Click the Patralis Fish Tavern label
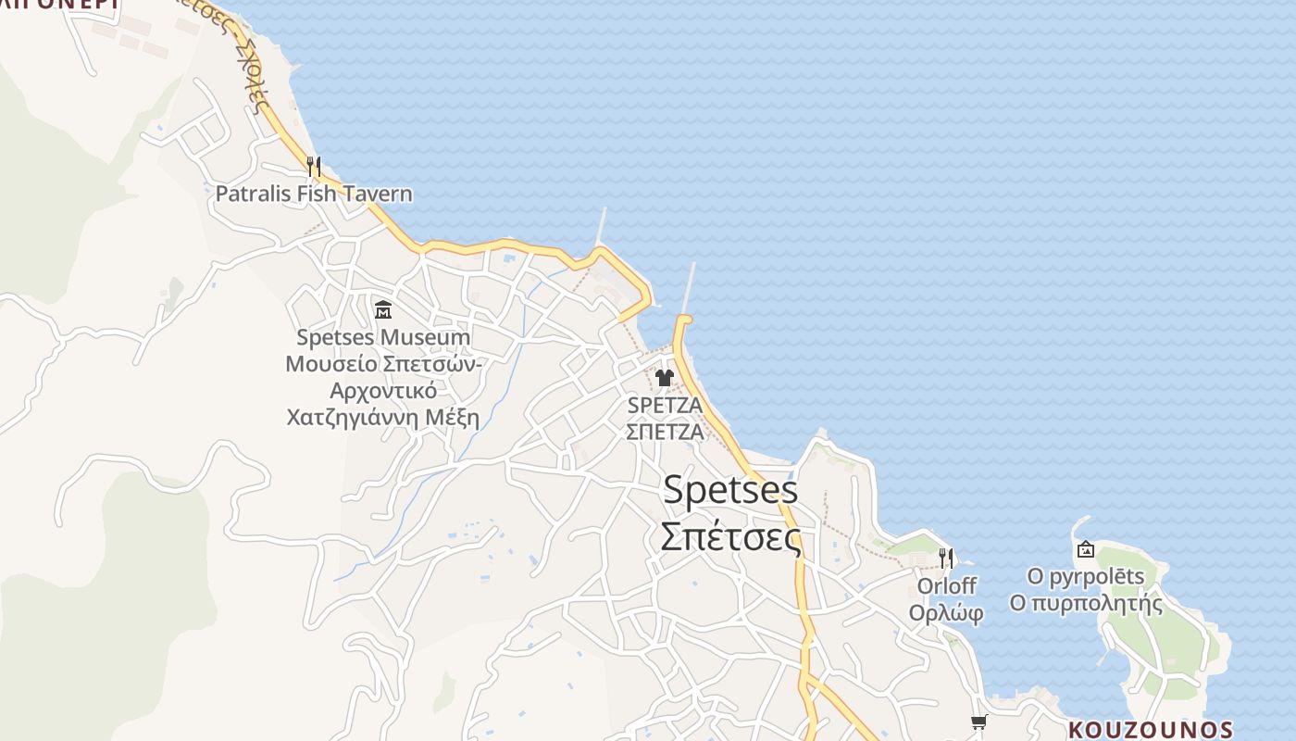[x=314, y=194]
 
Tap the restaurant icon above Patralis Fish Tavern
[x=314, y=167]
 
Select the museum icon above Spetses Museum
[x=383, y=309]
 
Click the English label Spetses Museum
[x=383, y=337]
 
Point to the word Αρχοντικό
[x=383, y=390]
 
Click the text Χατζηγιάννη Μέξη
[x=383, y=417]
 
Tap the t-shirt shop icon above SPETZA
[x=664, y=377]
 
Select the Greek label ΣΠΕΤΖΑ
[x=665, y=432]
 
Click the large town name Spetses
[x=730, y=489]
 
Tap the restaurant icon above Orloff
[x=945, y=558]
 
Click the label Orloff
[x=946, y=585]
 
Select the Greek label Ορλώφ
[x=946, y=612]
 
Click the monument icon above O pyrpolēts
[x=1085, y=549]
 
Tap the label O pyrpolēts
[x=1085, y=576]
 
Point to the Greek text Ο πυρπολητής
[x=1085, y=604]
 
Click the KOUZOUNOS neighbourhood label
[x=1151, y=730]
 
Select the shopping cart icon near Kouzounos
[x=978, y=722]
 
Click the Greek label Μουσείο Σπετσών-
[x=383, y=363]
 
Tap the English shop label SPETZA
[x=665, y=405]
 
